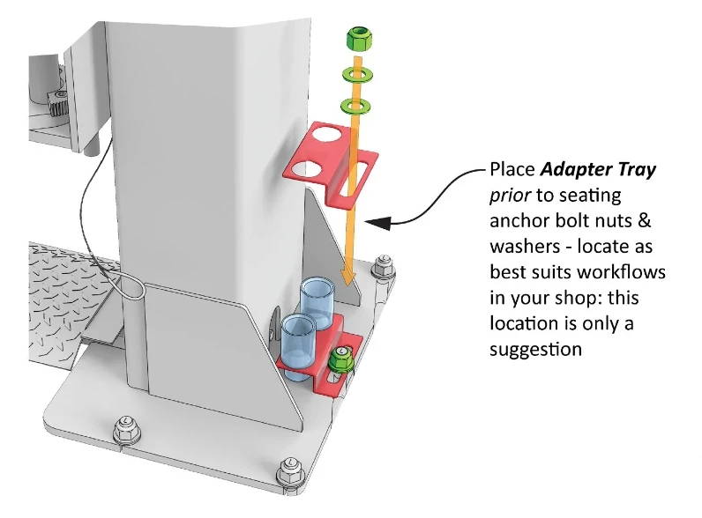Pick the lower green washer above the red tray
(x=355, y=107)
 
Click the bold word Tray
(x=637, y=170)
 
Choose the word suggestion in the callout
(x=536, y=349)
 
